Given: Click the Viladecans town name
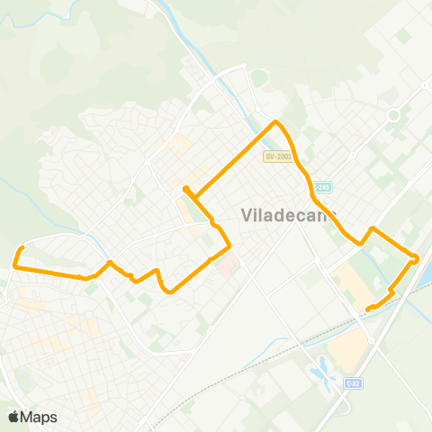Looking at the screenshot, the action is click(288, 215).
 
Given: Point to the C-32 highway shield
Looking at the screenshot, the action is click(353, 382).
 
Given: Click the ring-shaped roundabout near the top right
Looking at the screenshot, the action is click(392, 115).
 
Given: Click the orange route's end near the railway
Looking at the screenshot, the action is click(368, 310).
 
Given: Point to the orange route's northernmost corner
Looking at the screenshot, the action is click(276, 121).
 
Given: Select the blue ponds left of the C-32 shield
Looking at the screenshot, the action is click(319, 369).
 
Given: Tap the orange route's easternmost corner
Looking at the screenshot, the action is click(417, 259).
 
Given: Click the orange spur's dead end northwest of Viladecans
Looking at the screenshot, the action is click(184, 188).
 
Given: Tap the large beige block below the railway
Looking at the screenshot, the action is click(346, 351).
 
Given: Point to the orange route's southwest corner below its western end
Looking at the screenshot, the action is click(15, 265).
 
